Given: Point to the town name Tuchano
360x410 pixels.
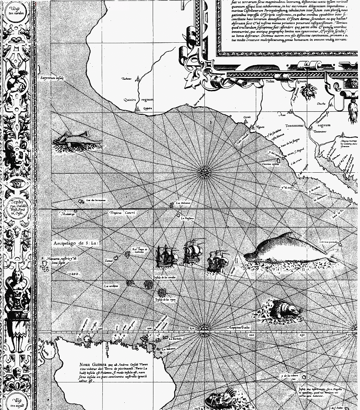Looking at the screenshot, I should click(127, 79).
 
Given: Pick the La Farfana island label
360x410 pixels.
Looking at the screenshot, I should click(187, 218).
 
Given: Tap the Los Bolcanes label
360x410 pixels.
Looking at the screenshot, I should click(183, 203).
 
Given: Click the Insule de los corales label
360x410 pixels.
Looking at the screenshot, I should click(164, 278).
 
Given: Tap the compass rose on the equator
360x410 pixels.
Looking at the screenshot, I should click(204, 328).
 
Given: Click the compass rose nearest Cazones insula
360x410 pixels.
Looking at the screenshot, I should click(204, 172).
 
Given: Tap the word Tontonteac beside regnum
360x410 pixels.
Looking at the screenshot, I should click(294, 126).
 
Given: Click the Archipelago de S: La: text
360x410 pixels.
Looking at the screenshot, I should click(76, 243).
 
